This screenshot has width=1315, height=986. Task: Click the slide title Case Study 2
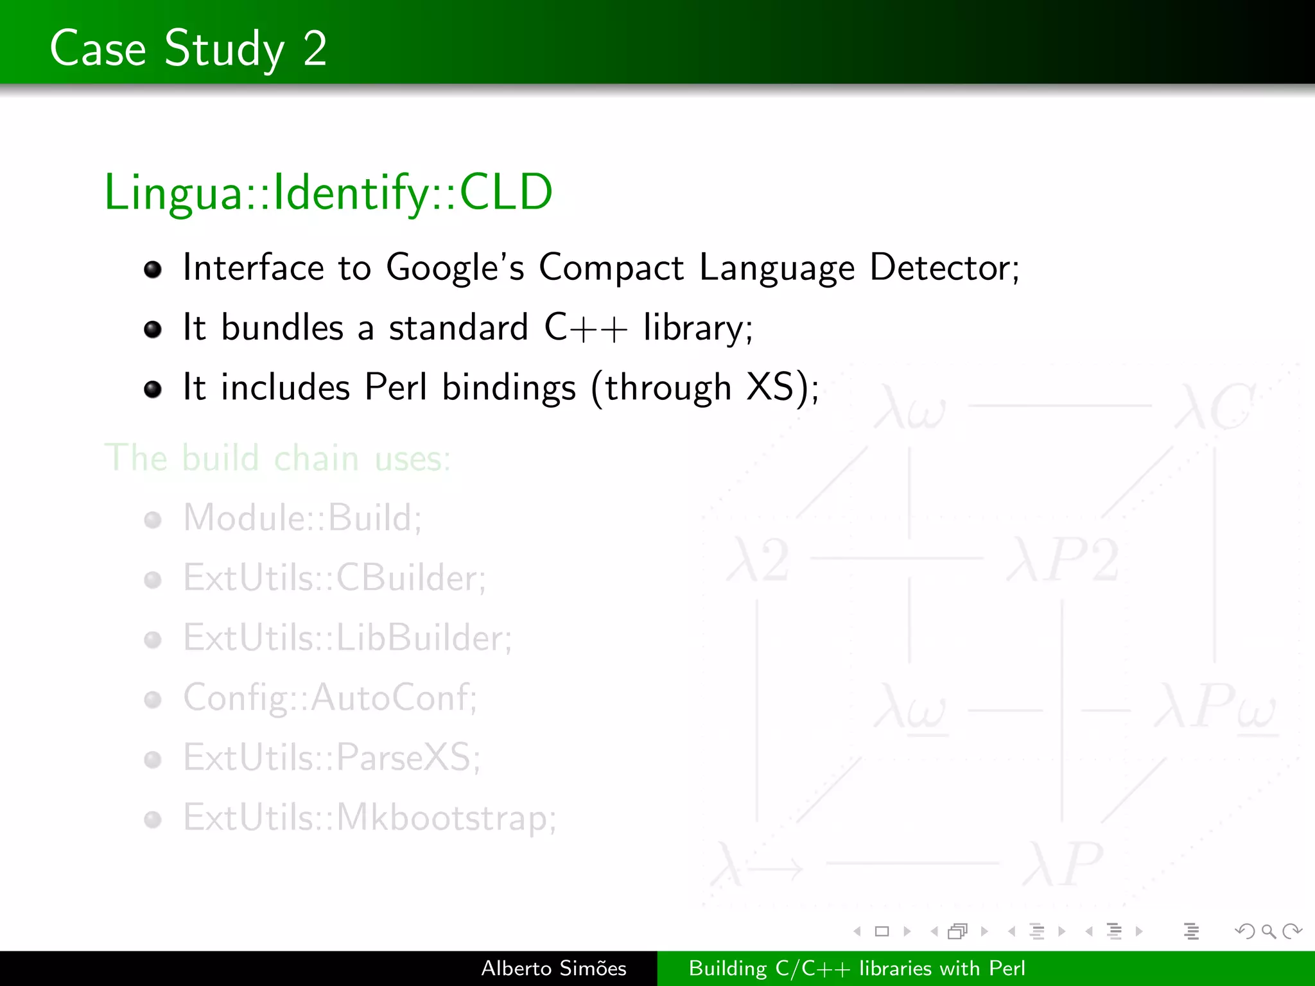pos(188,48)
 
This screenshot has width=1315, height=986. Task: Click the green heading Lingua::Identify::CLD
pos(328,192)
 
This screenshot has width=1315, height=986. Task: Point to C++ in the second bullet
pos(585,328)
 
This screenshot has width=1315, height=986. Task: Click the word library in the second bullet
pos(697,328)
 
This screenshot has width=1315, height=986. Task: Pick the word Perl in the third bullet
pos(396,388)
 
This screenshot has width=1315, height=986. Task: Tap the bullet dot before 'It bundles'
pos(153,329)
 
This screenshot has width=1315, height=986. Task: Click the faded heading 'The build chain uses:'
pos(277,458)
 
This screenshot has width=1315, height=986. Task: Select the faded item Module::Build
pos(302,518)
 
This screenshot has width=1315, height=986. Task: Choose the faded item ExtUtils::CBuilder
pos(334,578)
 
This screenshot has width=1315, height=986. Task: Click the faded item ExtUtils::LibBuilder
pos(347,638)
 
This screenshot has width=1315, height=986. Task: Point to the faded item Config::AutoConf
pos(330,698)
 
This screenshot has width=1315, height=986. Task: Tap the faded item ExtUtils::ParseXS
pos(331,757)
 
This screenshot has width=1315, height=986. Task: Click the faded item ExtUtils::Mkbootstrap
pos(369,818)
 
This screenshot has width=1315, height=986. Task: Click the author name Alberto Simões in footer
pos(553,968)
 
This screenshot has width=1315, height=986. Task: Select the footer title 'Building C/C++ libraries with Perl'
pos(857,968)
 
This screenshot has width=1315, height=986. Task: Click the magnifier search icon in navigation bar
pos(1268,931)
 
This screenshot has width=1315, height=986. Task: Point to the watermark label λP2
pos(1063,560)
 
